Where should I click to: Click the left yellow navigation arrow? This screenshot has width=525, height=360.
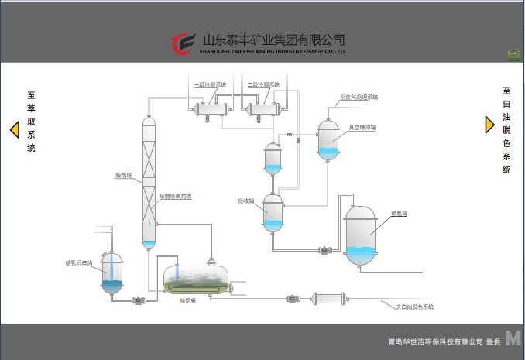click(14, 129)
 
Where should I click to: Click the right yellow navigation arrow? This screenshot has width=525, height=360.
click(489, 124)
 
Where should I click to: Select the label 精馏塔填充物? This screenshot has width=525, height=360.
click(176, 197)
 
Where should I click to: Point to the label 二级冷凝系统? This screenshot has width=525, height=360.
click(263, 84)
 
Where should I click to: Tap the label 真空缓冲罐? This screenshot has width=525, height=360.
click(361, 127)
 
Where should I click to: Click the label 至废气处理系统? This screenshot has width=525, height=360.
click(359, 98)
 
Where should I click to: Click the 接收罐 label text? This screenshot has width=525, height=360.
click(246, 201)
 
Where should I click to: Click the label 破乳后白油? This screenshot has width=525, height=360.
click(79, 263)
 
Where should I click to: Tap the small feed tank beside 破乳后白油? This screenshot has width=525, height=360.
click(112, 273)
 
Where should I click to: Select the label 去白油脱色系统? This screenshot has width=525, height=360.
click(414, 307)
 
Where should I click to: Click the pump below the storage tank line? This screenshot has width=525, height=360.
click(326, 249)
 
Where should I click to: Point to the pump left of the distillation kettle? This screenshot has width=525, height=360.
click(139, 300)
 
